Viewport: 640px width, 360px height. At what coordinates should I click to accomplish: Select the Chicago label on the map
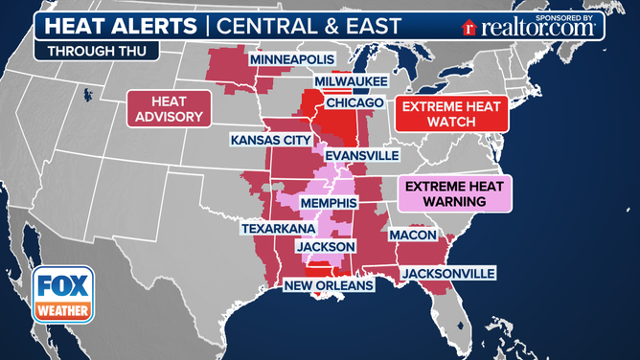pyautogui.click(x=354, y=102)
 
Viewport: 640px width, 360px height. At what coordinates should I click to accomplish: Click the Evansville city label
pyautogui.click(x=362, y=155)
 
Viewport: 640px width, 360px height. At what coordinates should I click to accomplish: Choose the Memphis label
pyautogui.click(x=329, y=204)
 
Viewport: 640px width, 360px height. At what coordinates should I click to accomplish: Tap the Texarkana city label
pyautogui.click(x=278, y=231)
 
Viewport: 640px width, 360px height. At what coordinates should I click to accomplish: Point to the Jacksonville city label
pyautogui.click(x=448, y=274)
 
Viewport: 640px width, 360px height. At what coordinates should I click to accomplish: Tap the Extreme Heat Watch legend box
pyautogui.click(x=449, y=117)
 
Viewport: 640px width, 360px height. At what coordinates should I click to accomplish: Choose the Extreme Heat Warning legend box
pyautogui.click(x=454, y=193)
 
